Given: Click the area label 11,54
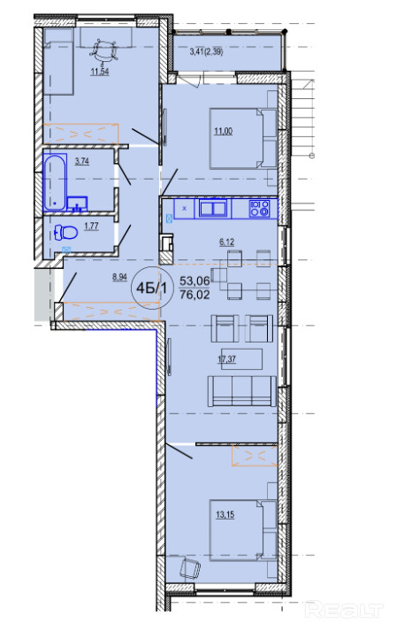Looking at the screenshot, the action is pyautogui.click(x=99, y=73).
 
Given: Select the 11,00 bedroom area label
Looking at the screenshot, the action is pyautogui.click(x=223, y=131).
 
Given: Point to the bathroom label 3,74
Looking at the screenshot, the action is pyautogui.click(x=82, y=161).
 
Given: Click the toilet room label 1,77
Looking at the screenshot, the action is pyautogui.click(x=91, y=226).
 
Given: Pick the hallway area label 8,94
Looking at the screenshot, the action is pyautogui.click(x=119, y=278).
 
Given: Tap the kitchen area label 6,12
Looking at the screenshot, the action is pyautogui.click(x=227, y=243).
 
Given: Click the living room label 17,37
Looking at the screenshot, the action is pyautogui.click(x=227, y=359).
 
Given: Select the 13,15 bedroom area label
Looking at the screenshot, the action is pyautogui.click(x=225, y=515).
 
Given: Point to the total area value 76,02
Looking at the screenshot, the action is pyautogui.click(x=194, y=295).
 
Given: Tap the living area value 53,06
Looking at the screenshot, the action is pyautogui.click(x=194, y=281).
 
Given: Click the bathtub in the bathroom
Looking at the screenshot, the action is pyautogui.click(x=55, y=183).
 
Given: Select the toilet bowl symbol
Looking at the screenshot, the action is pyautogui.click(x=65, y=233).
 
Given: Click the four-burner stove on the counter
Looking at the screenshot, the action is pyautogui.click(x=260, y=209).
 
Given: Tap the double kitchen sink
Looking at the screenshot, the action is pyautogui.click(x=212, y=208).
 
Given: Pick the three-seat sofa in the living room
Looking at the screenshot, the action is pyautogui.click(x=242, y=391).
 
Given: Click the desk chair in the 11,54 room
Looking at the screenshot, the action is pyautogui.click(x=103, y=50).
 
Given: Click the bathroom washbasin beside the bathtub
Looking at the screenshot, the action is pyautogui.click(x=77, y=204).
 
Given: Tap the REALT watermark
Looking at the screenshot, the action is pyautogui.click(x=344, y=609).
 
